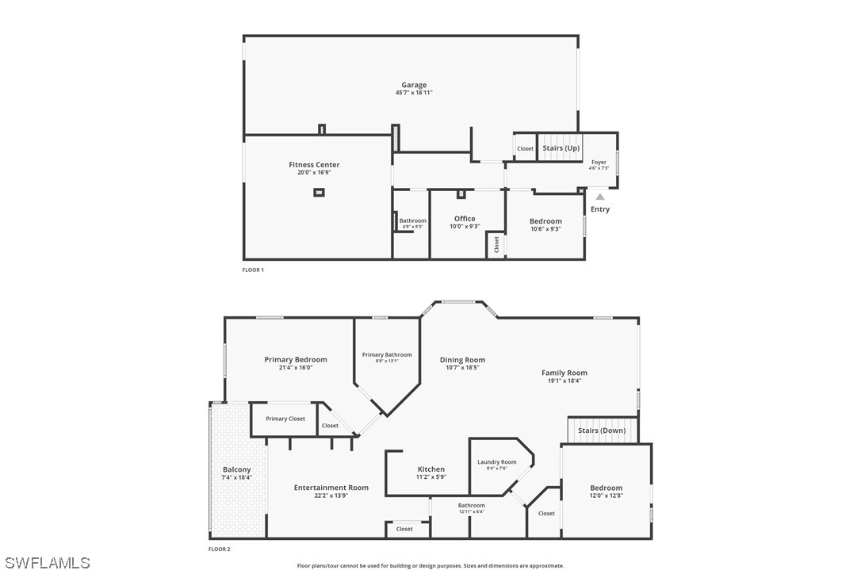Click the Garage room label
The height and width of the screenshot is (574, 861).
[414, 85]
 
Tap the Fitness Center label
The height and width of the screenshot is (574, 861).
[314, 165]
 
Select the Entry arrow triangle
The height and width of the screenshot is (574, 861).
[600, 197]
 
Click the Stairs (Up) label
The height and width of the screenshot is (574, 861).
[561, 148]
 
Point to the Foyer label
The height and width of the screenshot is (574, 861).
[599, 163]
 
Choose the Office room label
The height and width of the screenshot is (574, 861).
[465, 219]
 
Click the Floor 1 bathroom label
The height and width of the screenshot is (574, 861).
[412, 220]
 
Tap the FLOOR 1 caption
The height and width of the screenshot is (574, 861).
[253, 270]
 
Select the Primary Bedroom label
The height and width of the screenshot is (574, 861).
[296, 360]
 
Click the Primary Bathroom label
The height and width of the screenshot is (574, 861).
[387, 354]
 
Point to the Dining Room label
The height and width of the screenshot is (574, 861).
[462, 360]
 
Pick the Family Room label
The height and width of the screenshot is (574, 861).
[564, 373]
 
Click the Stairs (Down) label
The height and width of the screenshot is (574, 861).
[602, 430]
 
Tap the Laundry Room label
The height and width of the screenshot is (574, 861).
[497, 462]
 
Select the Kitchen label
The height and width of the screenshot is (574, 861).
[431, 469]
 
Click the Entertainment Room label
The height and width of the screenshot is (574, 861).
[331, 488]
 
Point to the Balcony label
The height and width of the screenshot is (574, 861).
[236, 469]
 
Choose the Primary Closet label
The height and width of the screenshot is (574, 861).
[285, 419]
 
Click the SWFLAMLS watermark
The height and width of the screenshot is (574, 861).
[45, 563]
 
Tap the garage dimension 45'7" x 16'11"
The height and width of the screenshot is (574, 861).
[414, 93]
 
